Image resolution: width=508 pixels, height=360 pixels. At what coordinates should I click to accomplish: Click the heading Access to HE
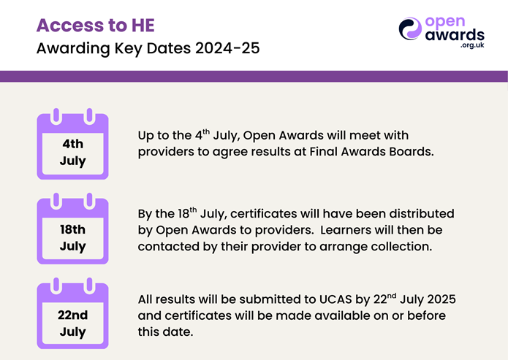click(x=96, y=26)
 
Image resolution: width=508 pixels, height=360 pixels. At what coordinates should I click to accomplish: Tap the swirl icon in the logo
click(x=410, y=28)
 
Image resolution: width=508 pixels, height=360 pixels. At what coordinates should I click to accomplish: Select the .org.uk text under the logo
click(x=472, y=45)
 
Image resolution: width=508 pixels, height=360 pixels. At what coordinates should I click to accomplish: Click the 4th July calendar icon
click(x=72, y=144)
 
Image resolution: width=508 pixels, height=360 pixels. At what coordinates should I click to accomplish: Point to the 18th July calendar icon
click(x=72, y=229)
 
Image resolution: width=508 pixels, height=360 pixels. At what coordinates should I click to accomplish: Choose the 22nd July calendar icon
click(x=72, y=313)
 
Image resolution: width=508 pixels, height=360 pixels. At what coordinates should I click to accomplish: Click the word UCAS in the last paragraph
click(x=335, y=299)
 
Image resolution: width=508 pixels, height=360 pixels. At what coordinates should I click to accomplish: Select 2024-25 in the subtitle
click(x=227, y=48)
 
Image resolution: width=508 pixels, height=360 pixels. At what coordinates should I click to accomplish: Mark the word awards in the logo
click(x=455, y=34)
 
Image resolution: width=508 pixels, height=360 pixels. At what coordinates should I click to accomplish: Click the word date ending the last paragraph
click(x=179, y=332)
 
